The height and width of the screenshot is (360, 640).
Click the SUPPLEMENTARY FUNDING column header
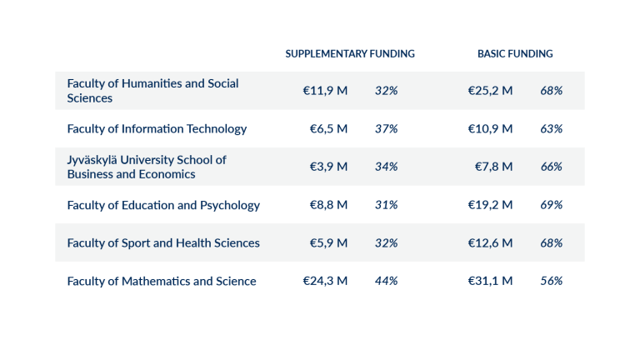pos(350,53)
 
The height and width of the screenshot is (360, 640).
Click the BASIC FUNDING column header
pos(515,53)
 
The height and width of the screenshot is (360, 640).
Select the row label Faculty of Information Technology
pos(157,128)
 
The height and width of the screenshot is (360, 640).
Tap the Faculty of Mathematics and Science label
pos(162,281)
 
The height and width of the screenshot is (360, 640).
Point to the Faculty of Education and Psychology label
pos(163,205)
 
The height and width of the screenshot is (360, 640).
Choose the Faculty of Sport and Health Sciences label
pos(163,242)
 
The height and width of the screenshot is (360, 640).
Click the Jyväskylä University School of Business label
pos(147,167)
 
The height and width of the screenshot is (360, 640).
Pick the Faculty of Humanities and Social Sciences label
pos(152,90)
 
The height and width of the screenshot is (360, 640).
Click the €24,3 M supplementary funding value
pos(325,281)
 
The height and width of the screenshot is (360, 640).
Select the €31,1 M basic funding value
pos(490,281)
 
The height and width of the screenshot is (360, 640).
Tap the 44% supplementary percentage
pos(386,281)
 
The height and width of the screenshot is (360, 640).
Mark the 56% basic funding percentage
pos(551,281)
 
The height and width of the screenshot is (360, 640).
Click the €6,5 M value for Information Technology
pos(328,128)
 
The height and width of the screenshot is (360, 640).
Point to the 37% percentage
pos(386,128)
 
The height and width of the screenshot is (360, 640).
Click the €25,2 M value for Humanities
pos(490,90)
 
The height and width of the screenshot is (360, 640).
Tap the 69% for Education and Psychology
pos(551,205)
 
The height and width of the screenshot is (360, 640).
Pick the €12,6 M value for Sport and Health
pos(490,242)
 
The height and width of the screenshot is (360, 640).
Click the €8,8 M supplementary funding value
pos(328,205)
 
